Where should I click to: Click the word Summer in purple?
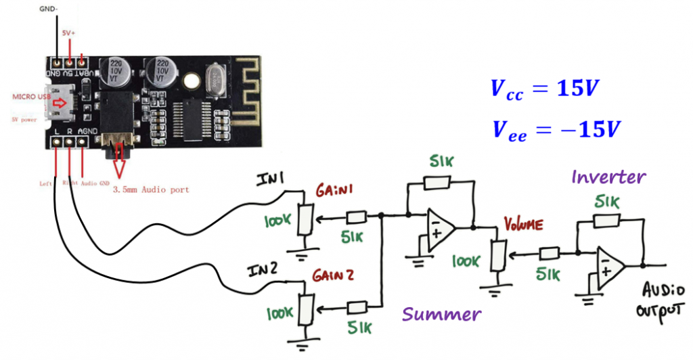pyautogui.click(x=441, y=314)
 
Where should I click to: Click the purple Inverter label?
pyautogui.click(x=608, y=178)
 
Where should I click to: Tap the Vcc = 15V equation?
pyautogui.click(x=545, y=89)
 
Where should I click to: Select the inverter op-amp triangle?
pyautogui.click(x=609, y=265)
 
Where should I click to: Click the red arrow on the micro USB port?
pyautogui.click(x=62, y=103)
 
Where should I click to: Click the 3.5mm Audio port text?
pyautogui.click(x=150, y=189)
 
